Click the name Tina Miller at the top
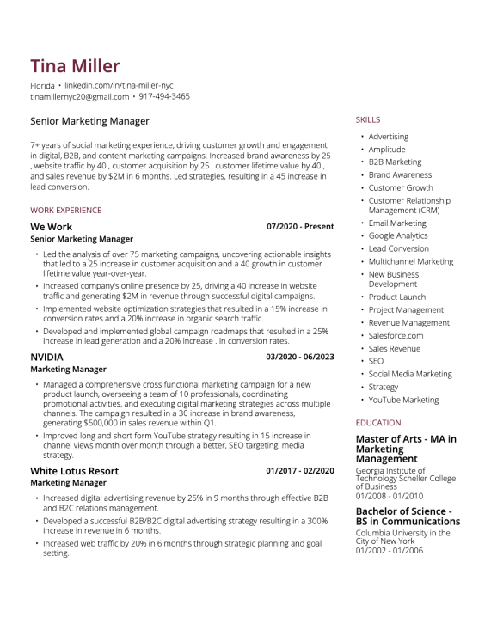pos(75,66)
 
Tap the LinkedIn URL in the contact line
pos(119,86)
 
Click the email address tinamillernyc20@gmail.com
pos(79,96)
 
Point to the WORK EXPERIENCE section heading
pos(65,210)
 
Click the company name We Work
pos(52,227)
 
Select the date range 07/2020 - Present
pos(300,227)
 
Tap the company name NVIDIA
pos(46,357)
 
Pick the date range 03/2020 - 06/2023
pos(300,357)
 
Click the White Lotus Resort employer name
pos(74,471)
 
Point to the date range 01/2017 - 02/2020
pos(300,471)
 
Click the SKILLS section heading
pos(367,120)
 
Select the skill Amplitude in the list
pos(387,150)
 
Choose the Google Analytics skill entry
pos(398,235)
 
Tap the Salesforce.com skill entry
pos(396,335)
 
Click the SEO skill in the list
pos(376,362)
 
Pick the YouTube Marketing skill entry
pos(403,400)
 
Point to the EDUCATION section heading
pos(378,423)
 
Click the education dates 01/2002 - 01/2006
pos(390,551)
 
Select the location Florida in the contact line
pos(42,86)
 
